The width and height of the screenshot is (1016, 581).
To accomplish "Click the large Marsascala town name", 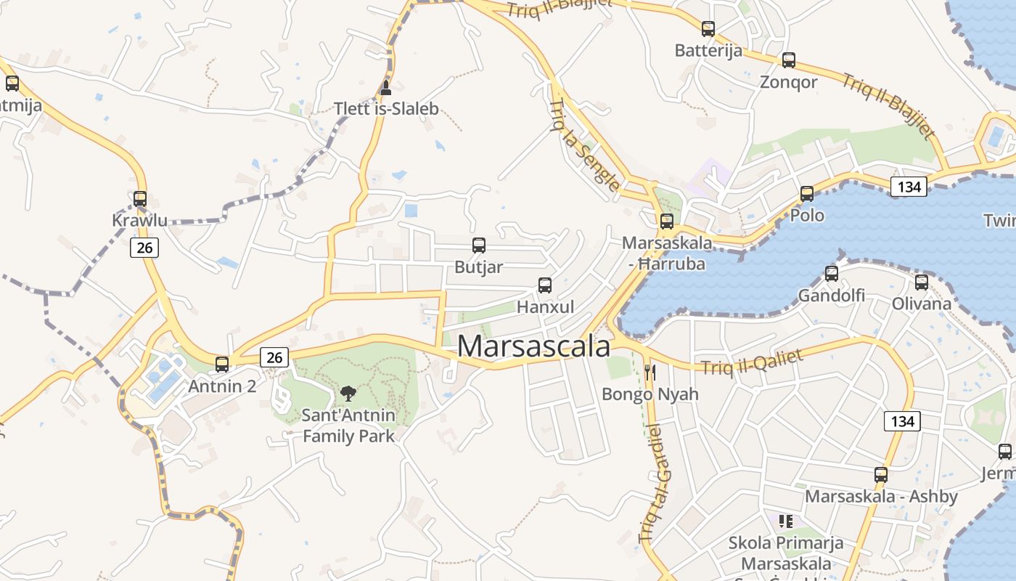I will (x=533, y=346).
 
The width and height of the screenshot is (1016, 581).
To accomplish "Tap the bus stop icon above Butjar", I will (x=479, y=245).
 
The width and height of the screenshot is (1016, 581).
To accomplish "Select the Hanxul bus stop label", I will (x=545, y=307).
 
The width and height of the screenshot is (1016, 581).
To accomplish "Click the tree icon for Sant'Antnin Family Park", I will (x=348, y=394).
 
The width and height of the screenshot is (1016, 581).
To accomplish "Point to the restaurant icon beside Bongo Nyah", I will (x=650, y=373).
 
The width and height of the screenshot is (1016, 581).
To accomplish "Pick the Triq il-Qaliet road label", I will (x=752, y=362).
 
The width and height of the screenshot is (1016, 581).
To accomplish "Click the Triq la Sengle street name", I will (x=584, y=146).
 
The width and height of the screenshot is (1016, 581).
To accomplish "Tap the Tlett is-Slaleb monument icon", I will (x=386, y=89).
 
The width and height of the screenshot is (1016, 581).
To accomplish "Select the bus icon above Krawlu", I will (x=140, y=198).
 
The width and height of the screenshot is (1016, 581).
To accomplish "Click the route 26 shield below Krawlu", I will (x=144, y=248).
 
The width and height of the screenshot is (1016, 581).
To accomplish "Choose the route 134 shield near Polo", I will (x=908, y=187).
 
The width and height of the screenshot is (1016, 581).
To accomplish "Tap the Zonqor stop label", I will (x=788, y=82).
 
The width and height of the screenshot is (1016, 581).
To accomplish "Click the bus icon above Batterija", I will (x=708, y=29).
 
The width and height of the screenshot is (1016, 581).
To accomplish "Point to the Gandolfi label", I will (x=831, y=296).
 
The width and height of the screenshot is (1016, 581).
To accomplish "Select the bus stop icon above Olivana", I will (x=922, y=282).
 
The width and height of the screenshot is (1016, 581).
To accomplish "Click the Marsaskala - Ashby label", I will (x=881, y=497).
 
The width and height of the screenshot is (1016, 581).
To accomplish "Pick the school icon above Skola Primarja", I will (x=785, y=521).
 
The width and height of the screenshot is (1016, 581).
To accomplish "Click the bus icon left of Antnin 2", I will (x=222, y=364).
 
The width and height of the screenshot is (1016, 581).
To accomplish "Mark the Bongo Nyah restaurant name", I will (x=650, y=394).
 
